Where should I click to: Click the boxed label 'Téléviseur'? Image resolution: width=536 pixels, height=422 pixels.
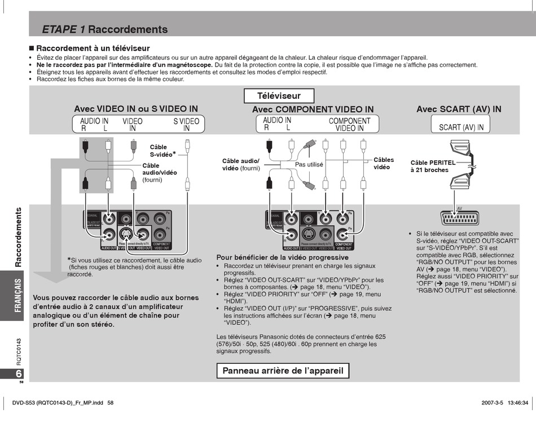[x=279, y=96]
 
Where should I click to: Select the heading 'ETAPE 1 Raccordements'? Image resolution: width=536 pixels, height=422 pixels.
[x=105, y=29]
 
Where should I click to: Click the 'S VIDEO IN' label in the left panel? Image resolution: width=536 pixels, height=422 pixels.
[x=186, y=124]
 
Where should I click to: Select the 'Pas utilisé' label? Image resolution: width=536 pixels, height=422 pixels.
[x=309, y=165]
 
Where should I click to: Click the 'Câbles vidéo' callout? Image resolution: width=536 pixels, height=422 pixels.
[x=384, y=163]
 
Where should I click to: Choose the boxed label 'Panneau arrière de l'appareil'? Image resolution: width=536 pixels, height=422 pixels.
[x=283, y=371]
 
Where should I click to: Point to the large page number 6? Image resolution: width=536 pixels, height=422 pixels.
[x=19, y=374]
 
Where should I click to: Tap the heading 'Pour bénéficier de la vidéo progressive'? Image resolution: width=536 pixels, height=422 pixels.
[x=282, y=257]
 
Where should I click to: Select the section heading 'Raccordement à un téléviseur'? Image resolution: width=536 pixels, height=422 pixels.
[x=93, y=49]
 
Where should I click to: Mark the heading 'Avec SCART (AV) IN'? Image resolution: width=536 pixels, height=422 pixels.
[x=459, y=109]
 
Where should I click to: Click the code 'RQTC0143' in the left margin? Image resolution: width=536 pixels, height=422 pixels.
[x=19, y=351]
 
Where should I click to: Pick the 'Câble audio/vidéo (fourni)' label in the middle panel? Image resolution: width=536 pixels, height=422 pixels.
[x=241, y=164]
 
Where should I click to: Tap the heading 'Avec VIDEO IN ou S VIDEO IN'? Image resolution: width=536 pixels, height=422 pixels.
[x=136, y=109]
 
